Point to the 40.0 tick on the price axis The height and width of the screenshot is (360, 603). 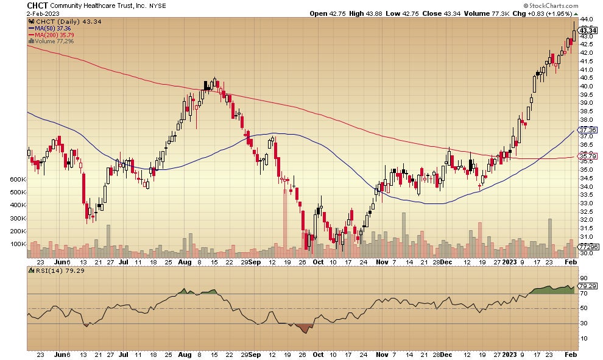pos(587,86)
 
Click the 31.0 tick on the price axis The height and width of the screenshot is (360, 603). pos(587,236)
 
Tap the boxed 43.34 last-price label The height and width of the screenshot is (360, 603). pos(588,30)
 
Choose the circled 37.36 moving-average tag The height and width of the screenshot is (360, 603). pos(588,130)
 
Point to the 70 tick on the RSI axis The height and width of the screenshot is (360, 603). pos(584,293)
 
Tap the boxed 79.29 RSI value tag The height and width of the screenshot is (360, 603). pos(587,285)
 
